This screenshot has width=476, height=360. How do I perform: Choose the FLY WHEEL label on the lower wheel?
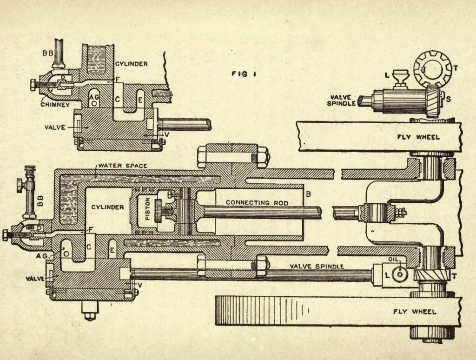pos(415,312)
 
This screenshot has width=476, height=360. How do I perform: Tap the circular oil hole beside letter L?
pos(399,274)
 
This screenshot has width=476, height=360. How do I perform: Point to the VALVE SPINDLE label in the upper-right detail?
pos(343,100)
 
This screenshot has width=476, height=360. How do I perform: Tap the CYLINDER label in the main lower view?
pos(107,207)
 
